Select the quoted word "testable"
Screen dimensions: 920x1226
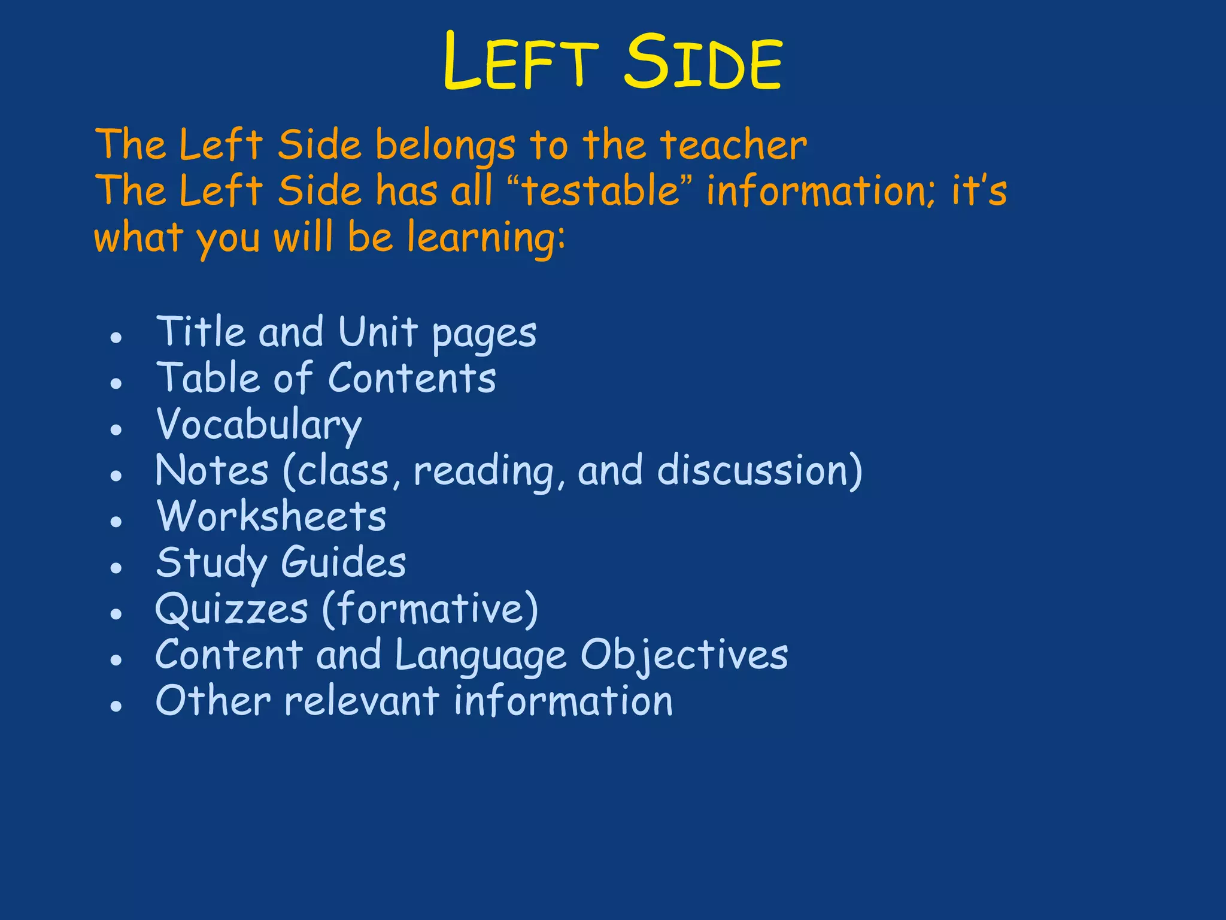pyautogui.click(x=602, y=191)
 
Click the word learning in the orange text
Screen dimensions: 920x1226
pyautogui.click(x=485, y=238)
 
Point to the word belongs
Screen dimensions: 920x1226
pyautogui.click(x=445, y=147)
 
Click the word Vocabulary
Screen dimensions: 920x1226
pyautogui.click(x=259, y=425)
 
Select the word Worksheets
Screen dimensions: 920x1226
pyautogui.click(x=271, y=516)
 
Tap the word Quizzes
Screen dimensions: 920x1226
pyautogui.click(x=232, y=610)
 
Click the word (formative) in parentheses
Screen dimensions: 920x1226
pyautogui.click(x=430, y=609)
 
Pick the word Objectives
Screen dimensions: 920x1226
pyautogui.click(x=684, y=656)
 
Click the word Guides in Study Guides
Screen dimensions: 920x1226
pyautogui.click(x=344, y=563)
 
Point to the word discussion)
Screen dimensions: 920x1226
pyautogui.click(x=760, y=471)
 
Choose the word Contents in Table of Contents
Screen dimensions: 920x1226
pyautogui.click(x=412, y=379)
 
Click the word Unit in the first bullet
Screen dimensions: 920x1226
pyautogui.click(x=378, y=332)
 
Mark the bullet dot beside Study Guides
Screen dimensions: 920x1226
pyautogui.click(x=116, y=568)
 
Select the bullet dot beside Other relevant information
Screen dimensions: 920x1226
pyautogui.click(x=116, y=706)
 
